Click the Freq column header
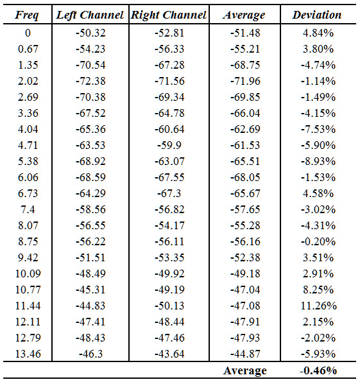pos(27,15)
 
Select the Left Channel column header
pos(90,15)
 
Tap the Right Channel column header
pos(169,15)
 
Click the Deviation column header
pos(317,15)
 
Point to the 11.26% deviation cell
pos(318,306)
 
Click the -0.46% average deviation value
pos(318,370)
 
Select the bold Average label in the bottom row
pos(245,371)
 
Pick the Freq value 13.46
pos(28,354)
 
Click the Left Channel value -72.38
pos(90,81)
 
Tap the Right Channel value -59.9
pos(169,145)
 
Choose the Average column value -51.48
pos(245,33)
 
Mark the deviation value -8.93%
pos(318,161)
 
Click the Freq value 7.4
pos(28,209)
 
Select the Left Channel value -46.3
pos(90,354)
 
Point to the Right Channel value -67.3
pos(169,193)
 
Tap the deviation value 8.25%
pos(318,290)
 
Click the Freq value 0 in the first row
pos(28,33)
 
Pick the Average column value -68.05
pos(245,177)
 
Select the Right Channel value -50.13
pos(169,306)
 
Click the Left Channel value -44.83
pos(90,306)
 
